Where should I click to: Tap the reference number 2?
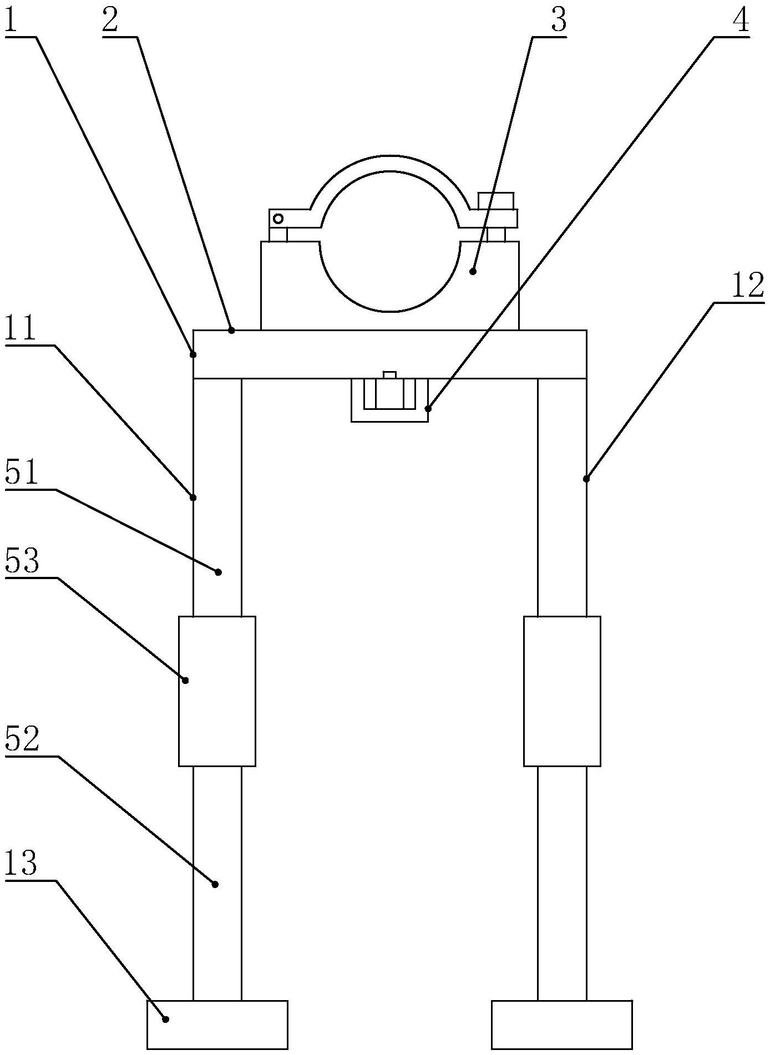point(110,22)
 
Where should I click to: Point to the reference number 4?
point(741,22)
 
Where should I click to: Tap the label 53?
point(22,562)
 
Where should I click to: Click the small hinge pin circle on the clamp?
point(278,219)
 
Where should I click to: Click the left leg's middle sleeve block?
point(217,691)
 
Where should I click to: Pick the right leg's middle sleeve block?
point(562,691)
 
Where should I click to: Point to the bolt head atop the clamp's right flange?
point(496,200)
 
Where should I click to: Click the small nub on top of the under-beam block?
point(389,375)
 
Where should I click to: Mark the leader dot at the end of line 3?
point(473,271)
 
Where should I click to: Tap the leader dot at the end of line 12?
point(586,479)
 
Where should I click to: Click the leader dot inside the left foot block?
point(165,1018)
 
